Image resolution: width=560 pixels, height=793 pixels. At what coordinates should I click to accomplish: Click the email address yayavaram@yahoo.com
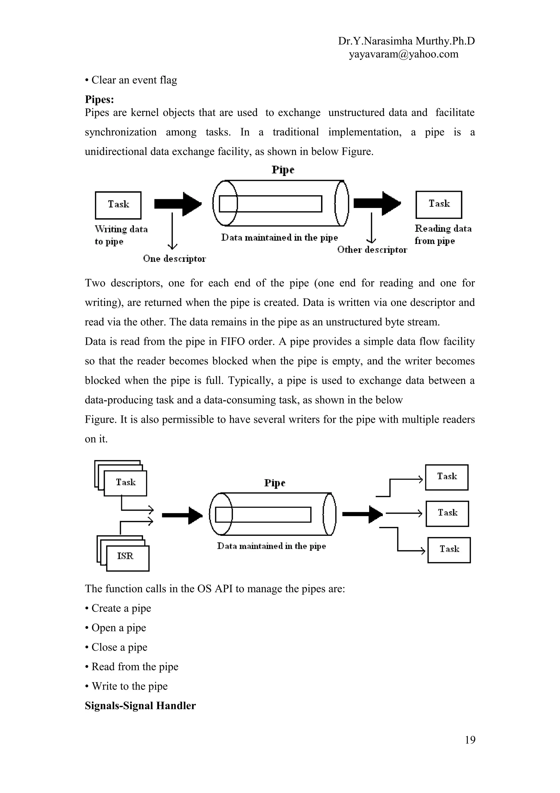[x=403, y=54]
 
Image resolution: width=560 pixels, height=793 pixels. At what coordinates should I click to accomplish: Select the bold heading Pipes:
[x=99, y=100]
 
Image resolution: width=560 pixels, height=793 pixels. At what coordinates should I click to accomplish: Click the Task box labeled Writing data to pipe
[x=118, y=205]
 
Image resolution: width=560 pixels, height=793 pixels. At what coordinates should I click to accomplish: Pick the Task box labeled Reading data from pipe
[x=439, y=204]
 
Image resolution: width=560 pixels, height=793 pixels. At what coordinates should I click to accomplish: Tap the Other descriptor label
[x=372, y=250]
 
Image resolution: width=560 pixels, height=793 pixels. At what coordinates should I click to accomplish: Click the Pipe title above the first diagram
[x=282, y=170]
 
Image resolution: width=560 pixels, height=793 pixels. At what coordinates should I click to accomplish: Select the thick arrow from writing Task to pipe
[x=178, y=204]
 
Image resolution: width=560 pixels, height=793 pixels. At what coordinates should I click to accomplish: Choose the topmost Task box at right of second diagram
[x=447, y=477]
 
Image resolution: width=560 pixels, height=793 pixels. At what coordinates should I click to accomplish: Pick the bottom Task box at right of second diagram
[x=449, y=549]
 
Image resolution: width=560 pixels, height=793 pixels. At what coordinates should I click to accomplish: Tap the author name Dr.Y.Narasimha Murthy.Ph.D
[x=406, y=41]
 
